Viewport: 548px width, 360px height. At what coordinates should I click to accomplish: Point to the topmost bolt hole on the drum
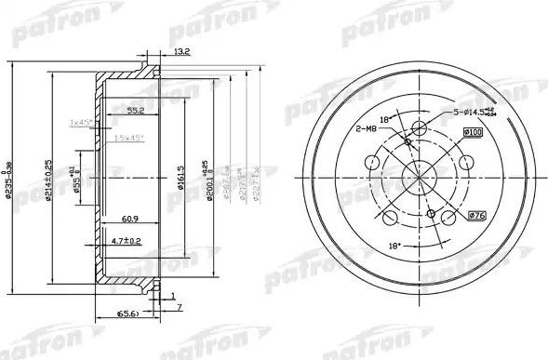click(419, 128)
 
